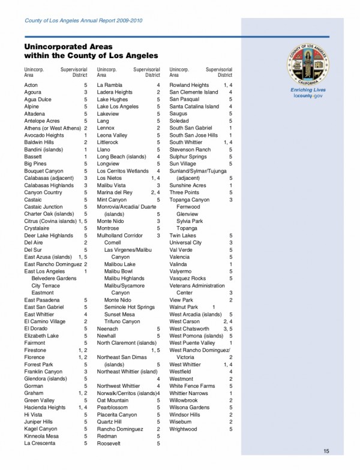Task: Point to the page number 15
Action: coord(326,451)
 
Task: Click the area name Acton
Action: coord(31,85)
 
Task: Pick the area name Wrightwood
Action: coord(184,413)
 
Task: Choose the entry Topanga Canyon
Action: coord(190,200)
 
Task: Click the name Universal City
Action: coord(185,243)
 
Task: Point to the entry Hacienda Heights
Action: coord(44,407)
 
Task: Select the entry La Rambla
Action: coord(110,85)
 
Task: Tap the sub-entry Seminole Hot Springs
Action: coord(129,307)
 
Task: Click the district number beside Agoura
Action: coord(86,92)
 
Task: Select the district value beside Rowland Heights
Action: coord(228,85)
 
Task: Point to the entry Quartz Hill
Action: coord(110,421)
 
